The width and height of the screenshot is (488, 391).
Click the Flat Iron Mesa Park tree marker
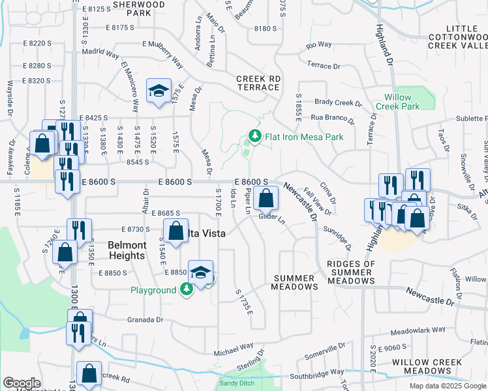coord(253,137)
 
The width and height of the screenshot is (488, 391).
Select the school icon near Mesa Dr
coord(158,92)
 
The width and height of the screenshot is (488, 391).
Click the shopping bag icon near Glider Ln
coord(266,197)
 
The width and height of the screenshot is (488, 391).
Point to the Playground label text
coord(153,289)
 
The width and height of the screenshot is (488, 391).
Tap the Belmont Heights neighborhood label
coord(127,250)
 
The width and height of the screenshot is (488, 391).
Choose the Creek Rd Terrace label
coord(258,83)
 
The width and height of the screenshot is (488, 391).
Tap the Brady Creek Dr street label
coord(338,103)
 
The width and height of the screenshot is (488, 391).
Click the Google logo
coord(22,383)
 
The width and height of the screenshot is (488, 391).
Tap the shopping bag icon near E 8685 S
coord(175,230)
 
